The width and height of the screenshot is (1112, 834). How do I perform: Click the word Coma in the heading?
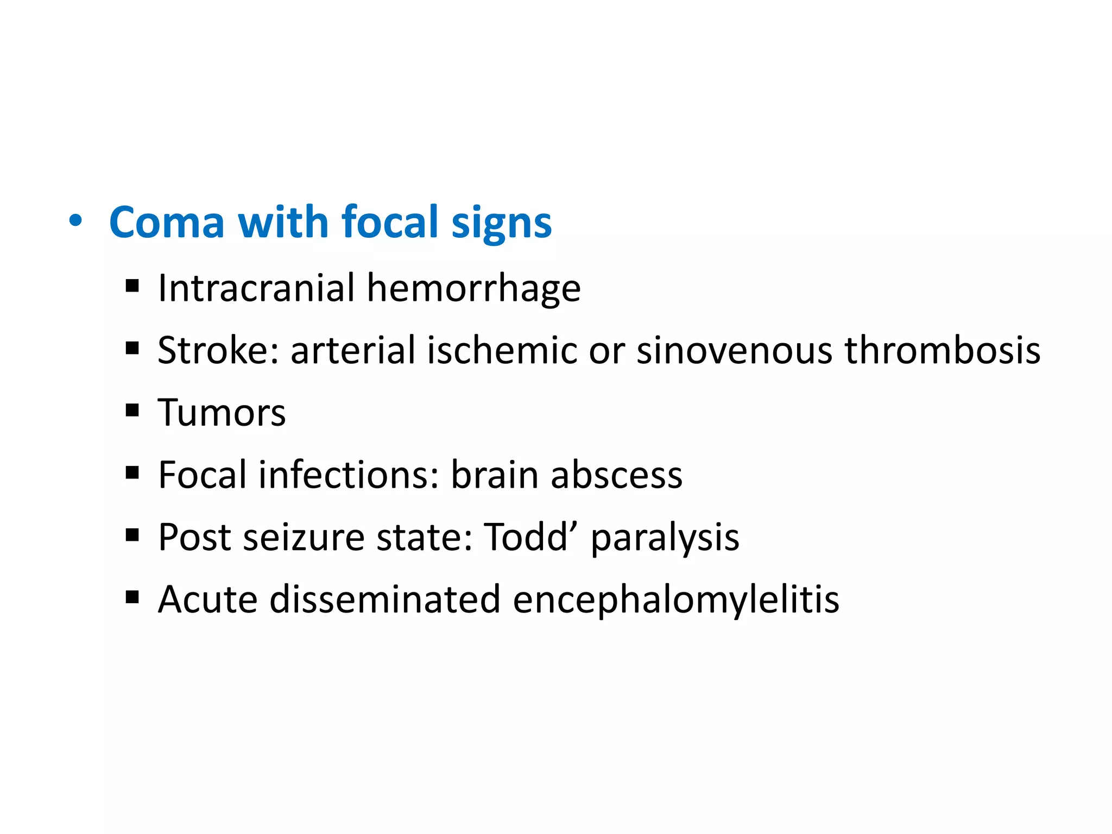pos(167,222)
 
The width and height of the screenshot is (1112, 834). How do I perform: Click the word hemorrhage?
pos(473,289)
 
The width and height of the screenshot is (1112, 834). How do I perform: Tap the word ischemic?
pos(502,350)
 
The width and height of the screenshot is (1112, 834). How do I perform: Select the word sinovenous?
pos(734,350)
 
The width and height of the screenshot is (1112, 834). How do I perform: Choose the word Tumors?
pos(222,413)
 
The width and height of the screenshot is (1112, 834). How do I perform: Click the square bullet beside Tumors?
pos(132,410)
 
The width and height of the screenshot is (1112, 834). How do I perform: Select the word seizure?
pos(304,538)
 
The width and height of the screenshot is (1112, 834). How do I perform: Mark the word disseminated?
pos(384,599)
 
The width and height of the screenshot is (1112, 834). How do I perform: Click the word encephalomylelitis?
pos(675,601)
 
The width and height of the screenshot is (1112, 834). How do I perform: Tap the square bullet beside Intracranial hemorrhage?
pos(132,286)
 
